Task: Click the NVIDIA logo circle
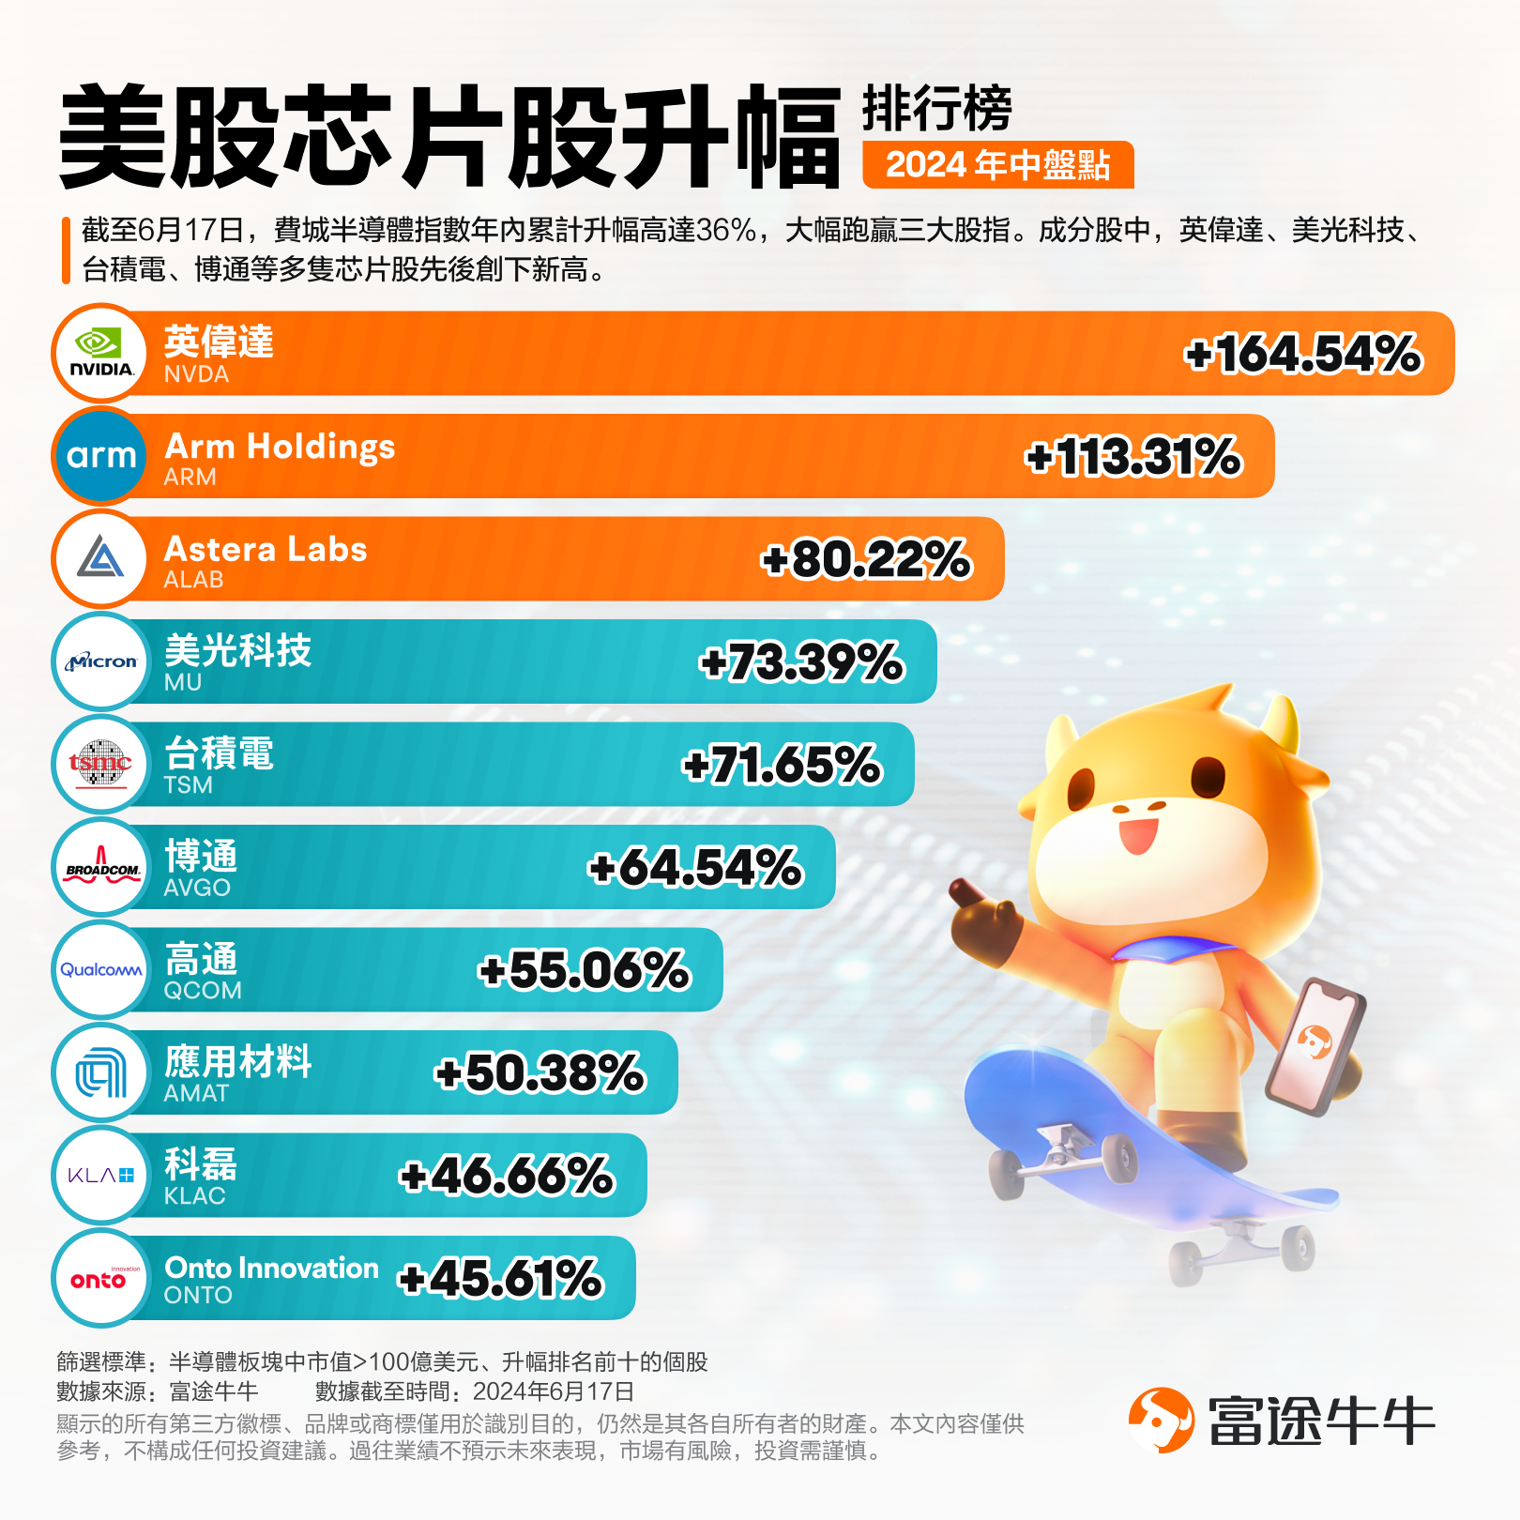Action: [101, 354]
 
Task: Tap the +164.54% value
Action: [1303, 355]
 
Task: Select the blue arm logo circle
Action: [101, 456]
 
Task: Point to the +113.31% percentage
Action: [1133, 457]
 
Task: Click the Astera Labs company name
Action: [266, 549]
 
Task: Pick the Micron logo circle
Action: [101, 661]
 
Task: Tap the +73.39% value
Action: [801, 662]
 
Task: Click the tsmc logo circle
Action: [101, 765]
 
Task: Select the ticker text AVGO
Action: [197, 888]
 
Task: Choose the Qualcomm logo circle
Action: [101, 970]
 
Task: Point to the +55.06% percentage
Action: [584, 970]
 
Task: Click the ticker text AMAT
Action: [196, 1093]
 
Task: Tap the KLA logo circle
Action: [101, 1176]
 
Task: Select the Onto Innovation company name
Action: [272, 1268]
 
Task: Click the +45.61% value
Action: [501, 1279]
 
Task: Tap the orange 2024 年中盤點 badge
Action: [997, 165]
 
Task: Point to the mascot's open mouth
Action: [1138, 834]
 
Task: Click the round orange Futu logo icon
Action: [1161, 1420]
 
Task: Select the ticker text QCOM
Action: [203, 991]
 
